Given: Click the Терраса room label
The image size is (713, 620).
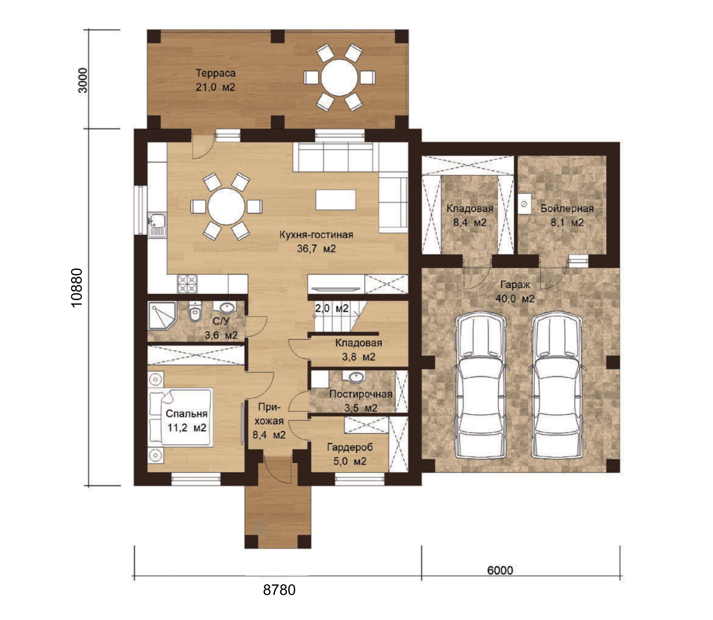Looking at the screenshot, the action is click(215, 73).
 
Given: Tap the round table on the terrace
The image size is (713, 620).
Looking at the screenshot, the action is click(339, 78).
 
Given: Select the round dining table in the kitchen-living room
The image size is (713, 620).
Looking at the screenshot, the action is click(226, 206).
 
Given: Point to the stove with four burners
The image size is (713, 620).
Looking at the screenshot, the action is click(187, 284).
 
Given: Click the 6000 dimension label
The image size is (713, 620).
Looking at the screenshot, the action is click(500, 570).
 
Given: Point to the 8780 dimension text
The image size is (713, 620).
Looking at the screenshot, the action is click(279, 590).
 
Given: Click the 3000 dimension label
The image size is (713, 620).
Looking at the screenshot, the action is click(83, 80).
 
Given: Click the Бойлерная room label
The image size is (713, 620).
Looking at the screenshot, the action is click(567, 209).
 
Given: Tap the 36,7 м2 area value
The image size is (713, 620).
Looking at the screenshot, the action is click(316, 249).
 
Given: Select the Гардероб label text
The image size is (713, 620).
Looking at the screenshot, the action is click(350, 447).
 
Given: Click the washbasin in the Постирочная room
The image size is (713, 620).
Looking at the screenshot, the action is click(355, 377).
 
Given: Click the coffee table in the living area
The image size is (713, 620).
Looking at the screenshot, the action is click(336, 200).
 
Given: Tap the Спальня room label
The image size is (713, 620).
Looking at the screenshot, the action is click(186, 414).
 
